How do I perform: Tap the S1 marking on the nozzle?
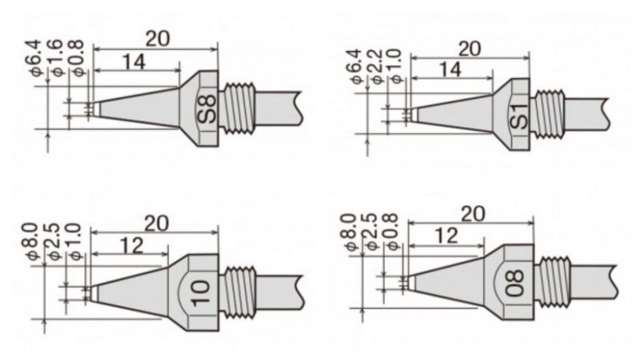519,117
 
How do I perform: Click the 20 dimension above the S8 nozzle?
157,39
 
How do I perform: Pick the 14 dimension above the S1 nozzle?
450,69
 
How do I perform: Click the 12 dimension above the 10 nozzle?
131,245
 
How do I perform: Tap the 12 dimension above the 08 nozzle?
446,236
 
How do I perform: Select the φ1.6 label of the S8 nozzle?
57,57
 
